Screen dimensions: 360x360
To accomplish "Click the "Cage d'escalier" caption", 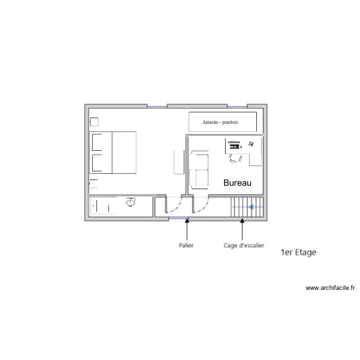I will coord(243,245).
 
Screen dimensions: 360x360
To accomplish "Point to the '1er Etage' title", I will coord(298,252).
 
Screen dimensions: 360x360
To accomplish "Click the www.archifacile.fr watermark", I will coord(330,288).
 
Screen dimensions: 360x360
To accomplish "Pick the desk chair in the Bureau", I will coord(235,158).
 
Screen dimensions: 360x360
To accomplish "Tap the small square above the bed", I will coord(95,121).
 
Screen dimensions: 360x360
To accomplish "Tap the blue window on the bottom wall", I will coord(179,219).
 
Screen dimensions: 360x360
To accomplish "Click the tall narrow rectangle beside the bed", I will coord(178,162).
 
